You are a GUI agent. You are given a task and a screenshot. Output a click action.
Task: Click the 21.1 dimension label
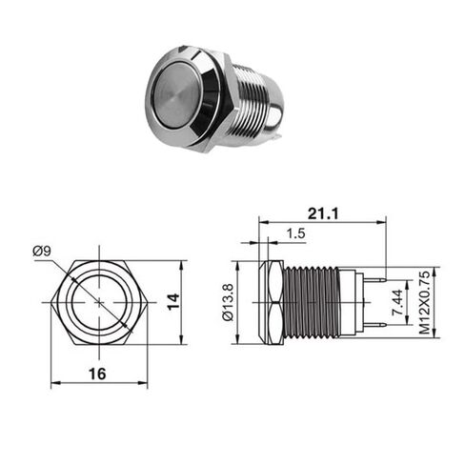323,213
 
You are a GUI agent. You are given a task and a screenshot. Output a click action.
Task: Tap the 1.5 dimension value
295,233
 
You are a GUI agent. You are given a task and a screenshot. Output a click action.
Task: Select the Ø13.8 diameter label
228,302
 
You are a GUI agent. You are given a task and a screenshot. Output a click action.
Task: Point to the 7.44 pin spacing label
397,302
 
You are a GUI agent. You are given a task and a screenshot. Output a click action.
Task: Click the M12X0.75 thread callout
424,302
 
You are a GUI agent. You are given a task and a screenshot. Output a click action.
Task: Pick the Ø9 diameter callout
42,252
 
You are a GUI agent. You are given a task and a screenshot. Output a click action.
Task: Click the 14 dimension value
173,302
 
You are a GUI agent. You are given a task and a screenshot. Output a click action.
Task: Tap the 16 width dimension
97,374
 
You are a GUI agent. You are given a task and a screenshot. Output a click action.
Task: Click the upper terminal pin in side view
374,279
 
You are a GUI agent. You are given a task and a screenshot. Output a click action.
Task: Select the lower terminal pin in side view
374,325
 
